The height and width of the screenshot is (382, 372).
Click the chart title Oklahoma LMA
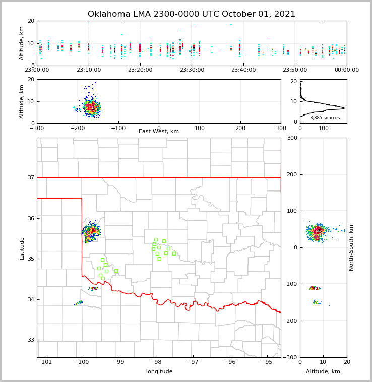point(192,14)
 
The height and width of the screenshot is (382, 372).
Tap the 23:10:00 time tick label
point(89,70)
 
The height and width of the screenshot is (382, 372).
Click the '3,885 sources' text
point(325,118)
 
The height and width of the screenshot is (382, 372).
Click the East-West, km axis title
point(159,132)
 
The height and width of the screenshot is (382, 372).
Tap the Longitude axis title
point(159,372)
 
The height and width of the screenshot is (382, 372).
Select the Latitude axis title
point(22,248)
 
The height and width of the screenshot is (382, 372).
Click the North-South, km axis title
point(351,247)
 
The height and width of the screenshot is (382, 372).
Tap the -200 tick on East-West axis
point(77,128)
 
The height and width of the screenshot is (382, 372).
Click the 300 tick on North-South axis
point(291,138)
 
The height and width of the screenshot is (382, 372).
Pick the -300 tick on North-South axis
point(290,357)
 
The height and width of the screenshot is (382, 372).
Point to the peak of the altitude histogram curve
point(344,107)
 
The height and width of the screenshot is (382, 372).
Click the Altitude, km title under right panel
point(323,372)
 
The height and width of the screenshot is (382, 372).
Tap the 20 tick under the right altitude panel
point(347,362)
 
